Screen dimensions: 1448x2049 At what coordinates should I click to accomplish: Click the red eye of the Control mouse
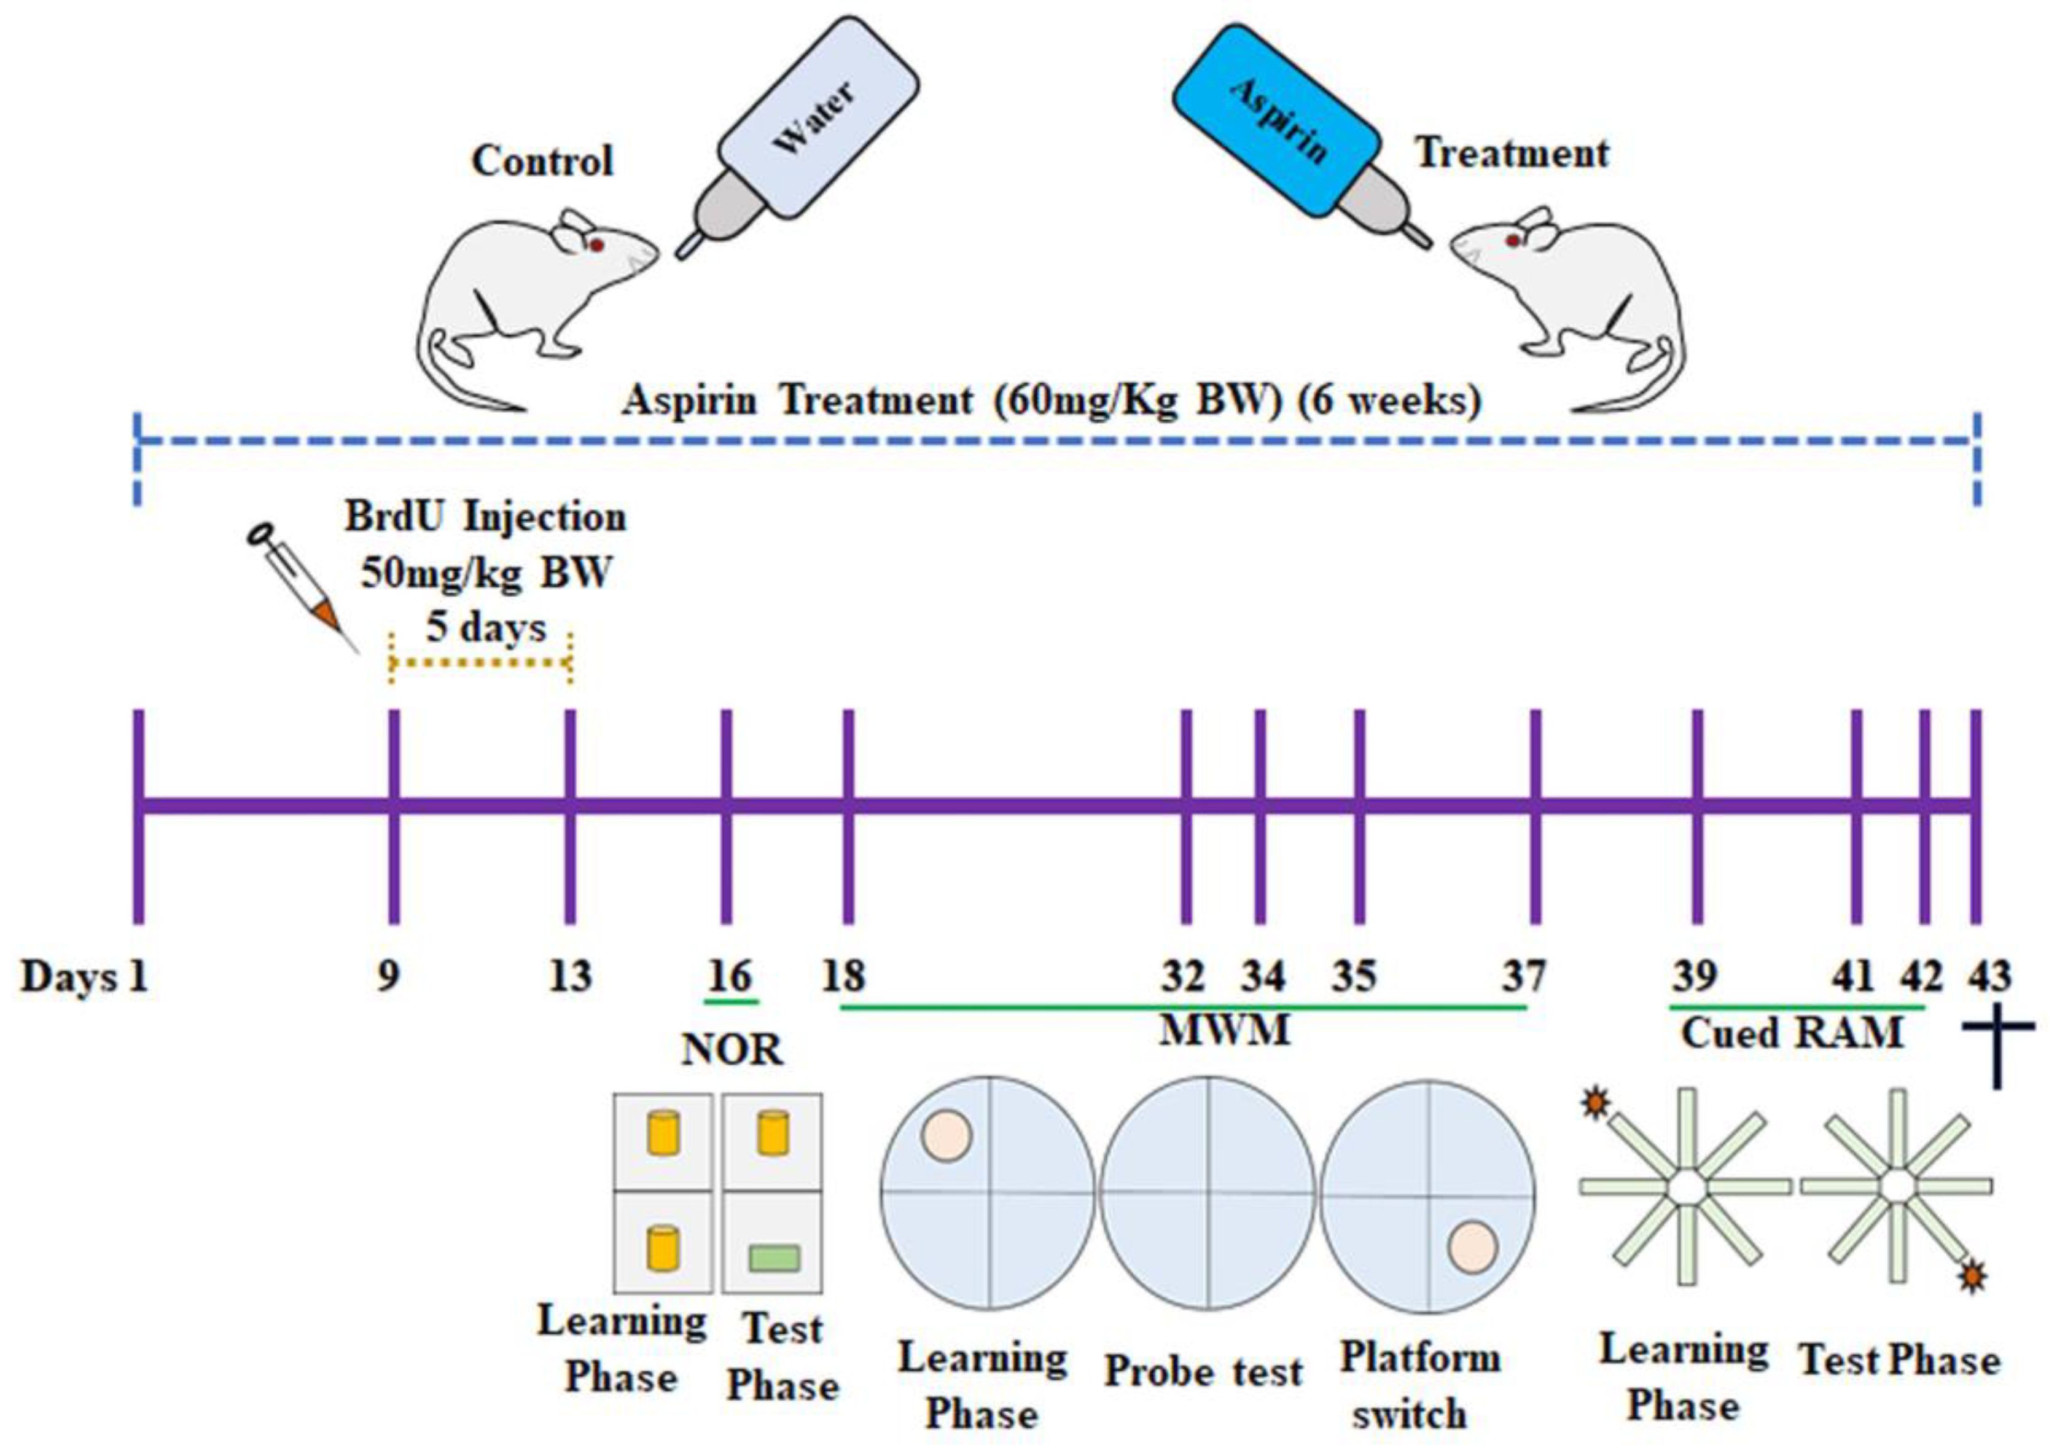coord(597,245)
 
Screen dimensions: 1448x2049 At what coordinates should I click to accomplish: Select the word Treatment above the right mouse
coord(1513,154)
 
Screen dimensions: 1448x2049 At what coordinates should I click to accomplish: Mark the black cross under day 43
coord(1997,1054)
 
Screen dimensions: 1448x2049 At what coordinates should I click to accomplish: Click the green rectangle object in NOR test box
coord(774,1258)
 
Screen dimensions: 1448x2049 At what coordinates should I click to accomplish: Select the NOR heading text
coord(732,1051)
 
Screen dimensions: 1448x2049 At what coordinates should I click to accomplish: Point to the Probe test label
coord(1203,1371)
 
